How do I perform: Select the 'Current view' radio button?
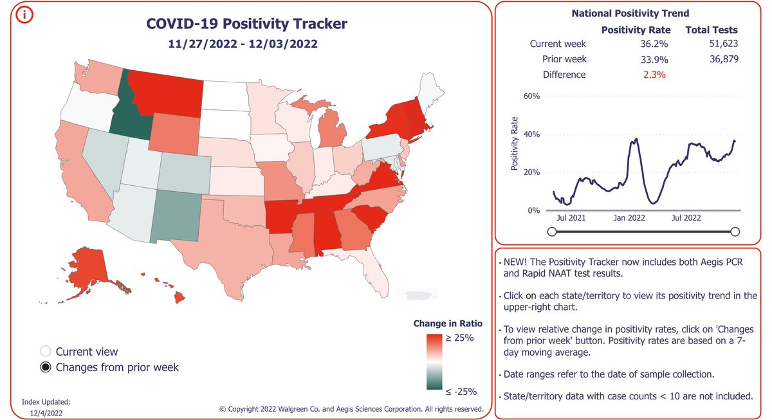(45, 352)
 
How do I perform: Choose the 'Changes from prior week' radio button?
(45, 367)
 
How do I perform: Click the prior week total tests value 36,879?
(720, 60)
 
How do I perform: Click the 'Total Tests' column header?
(711, 30)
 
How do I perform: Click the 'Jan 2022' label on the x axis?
(629, 218)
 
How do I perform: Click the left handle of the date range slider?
(551, 232)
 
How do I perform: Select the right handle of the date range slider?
(735, 232)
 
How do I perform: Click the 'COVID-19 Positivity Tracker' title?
(247, 24)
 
